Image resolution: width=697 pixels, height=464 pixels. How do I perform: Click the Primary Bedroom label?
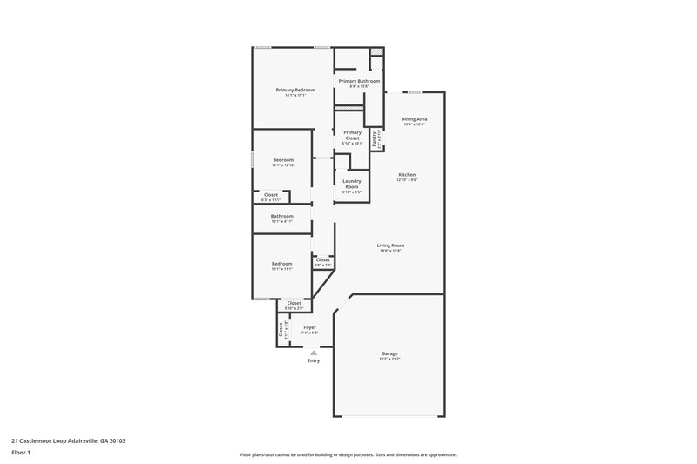tap(295, 90)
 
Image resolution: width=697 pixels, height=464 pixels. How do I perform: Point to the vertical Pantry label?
tap(375, 138)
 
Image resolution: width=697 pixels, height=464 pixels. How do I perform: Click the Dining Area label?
tap(414, 118)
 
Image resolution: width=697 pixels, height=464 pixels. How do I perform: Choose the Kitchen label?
tap(407, 174)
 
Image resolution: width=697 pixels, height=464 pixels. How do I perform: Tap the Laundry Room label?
tap(352, 184)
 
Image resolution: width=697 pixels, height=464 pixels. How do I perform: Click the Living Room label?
tap(389, 245)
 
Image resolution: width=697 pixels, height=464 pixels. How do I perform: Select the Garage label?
tap(389, 353)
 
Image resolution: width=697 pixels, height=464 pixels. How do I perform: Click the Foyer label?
tap(309, 327)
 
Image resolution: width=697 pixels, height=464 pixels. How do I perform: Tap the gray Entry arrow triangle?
tap(314, 352)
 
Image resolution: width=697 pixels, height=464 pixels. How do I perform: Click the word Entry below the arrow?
tap(314, 360)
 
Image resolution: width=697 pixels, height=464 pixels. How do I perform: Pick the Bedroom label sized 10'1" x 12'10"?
tap(283, 159)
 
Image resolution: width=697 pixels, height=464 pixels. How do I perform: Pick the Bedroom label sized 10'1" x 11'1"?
tap(282, 263)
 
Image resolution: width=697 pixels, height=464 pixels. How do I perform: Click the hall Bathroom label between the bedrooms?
tap(281, 215)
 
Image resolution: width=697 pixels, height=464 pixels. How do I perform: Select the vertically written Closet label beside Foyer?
tap(281, 330)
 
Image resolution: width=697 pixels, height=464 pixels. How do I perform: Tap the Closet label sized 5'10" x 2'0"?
tap(294, 303)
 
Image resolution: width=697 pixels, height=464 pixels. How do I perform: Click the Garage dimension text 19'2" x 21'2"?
tap(389, 359)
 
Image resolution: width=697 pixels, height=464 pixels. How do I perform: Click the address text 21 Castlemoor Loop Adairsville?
tap(69, 440)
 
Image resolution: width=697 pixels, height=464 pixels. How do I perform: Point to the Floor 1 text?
tap(22, 453)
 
